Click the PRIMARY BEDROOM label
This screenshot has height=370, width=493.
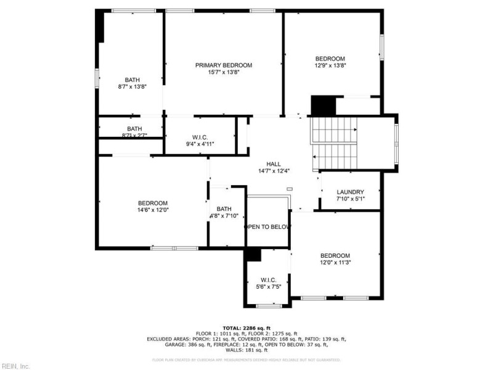(x=224, y=65)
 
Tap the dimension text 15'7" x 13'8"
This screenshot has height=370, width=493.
(x=224, y=72)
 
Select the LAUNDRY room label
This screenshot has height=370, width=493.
(x=350, y=192)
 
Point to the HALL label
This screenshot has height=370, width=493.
(x=274, y=164)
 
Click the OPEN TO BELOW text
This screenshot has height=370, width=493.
(x=267, y=227)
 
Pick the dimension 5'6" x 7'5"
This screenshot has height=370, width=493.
(x=272, y=286)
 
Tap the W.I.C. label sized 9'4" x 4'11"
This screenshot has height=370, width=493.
(x=200, y=137)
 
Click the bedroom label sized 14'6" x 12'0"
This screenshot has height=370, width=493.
(x=152, y=203)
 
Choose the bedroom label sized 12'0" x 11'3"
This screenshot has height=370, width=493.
(x=335, y=255)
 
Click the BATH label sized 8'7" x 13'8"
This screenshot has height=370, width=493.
(x=132, y=80)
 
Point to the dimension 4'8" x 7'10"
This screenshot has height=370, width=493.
(x=224, y=216)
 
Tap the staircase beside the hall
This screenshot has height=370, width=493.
(x=334, y=140)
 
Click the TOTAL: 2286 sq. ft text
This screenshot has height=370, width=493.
(x=246, y=327)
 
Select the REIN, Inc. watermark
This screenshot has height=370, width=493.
(x=15, y=366)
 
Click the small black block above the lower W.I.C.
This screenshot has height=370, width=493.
(x=253, y=255)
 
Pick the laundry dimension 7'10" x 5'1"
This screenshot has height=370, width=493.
(x=350, y=199)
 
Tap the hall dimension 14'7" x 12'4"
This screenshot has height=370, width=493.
(x=274, y=171)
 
